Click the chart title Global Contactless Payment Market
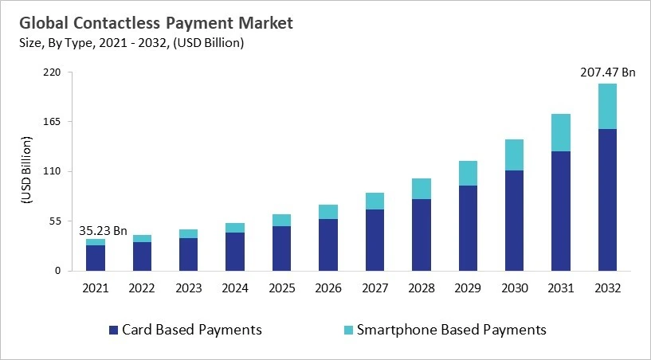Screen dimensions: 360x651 pyautogui.click(x=156, y=23)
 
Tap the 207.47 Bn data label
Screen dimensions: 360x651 pyautogui.click(x=606, y=72)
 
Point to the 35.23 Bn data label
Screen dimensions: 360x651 pyautogui.click(x=103, y=231)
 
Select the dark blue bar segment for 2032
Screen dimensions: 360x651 pyautogui.click(x=606, y=199)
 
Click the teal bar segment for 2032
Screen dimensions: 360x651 pyautogui.click(x=606, y=106)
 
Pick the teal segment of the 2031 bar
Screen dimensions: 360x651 pyautogui.click(x=560, y=132)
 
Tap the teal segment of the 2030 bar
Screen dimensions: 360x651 pyautogui.click(x=514, y=155)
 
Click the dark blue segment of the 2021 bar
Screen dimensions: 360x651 pyautogui.click(x=96, y=257)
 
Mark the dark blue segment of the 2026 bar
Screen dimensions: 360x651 pyautogui.click(x=327, y=245)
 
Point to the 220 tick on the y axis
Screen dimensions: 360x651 pyautogui.click(x=53, y=72)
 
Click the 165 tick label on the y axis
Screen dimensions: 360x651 pyautogui.click(x=53, y=122)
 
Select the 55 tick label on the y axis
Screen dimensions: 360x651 pyautogui.click(x=55, y=221)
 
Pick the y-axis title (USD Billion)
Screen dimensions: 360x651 pyautogui.click(x=25, y=171)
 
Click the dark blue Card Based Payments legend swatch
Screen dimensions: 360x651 pyautogui.click(x=114, y=329)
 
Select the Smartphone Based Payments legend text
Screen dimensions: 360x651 pyautogui.click(x=451, y=329)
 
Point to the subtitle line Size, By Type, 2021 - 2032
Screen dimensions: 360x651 pyautogui.click(x=132, y=43)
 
